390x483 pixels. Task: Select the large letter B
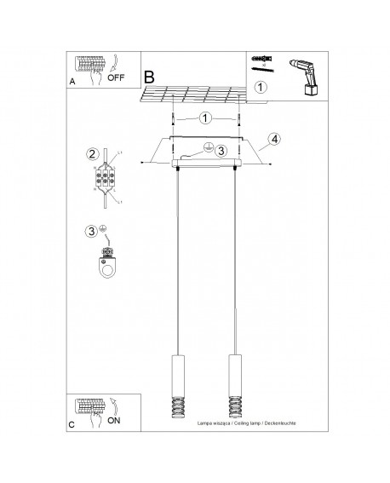(150, 76)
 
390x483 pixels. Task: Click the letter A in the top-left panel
(73, 83)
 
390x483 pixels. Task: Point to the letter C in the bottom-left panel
(73, 423)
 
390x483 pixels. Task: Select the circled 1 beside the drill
(261, 87)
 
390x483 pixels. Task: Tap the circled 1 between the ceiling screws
(205, 118)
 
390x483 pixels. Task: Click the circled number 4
(274, 139)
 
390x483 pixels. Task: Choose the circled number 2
(91, 154)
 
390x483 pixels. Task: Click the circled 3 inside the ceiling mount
(221, 151)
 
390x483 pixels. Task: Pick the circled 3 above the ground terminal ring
(91, 230)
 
